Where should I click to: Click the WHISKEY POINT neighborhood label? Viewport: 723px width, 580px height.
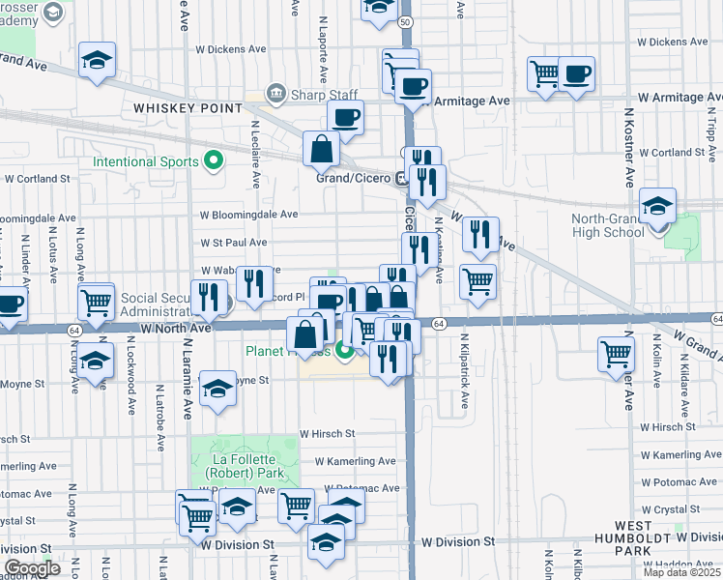click(188, 108)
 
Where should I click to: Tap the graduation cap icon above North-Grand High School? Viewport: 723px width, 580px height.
click(657, 207)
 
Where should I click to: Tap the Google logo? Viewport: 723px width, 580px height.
click(32, 567)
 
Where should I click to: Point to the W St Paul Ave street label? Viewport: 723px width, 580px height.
click(233, 243)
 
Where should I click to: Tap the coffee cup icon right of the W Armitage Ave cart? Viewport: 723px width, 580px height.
click(577, 73)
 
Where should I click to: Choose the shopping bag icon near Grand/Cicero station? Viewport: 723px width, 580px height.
click(321, 150)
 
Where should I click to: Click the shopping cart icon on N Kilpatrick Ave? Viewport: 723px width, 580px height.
click(477, 281)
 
